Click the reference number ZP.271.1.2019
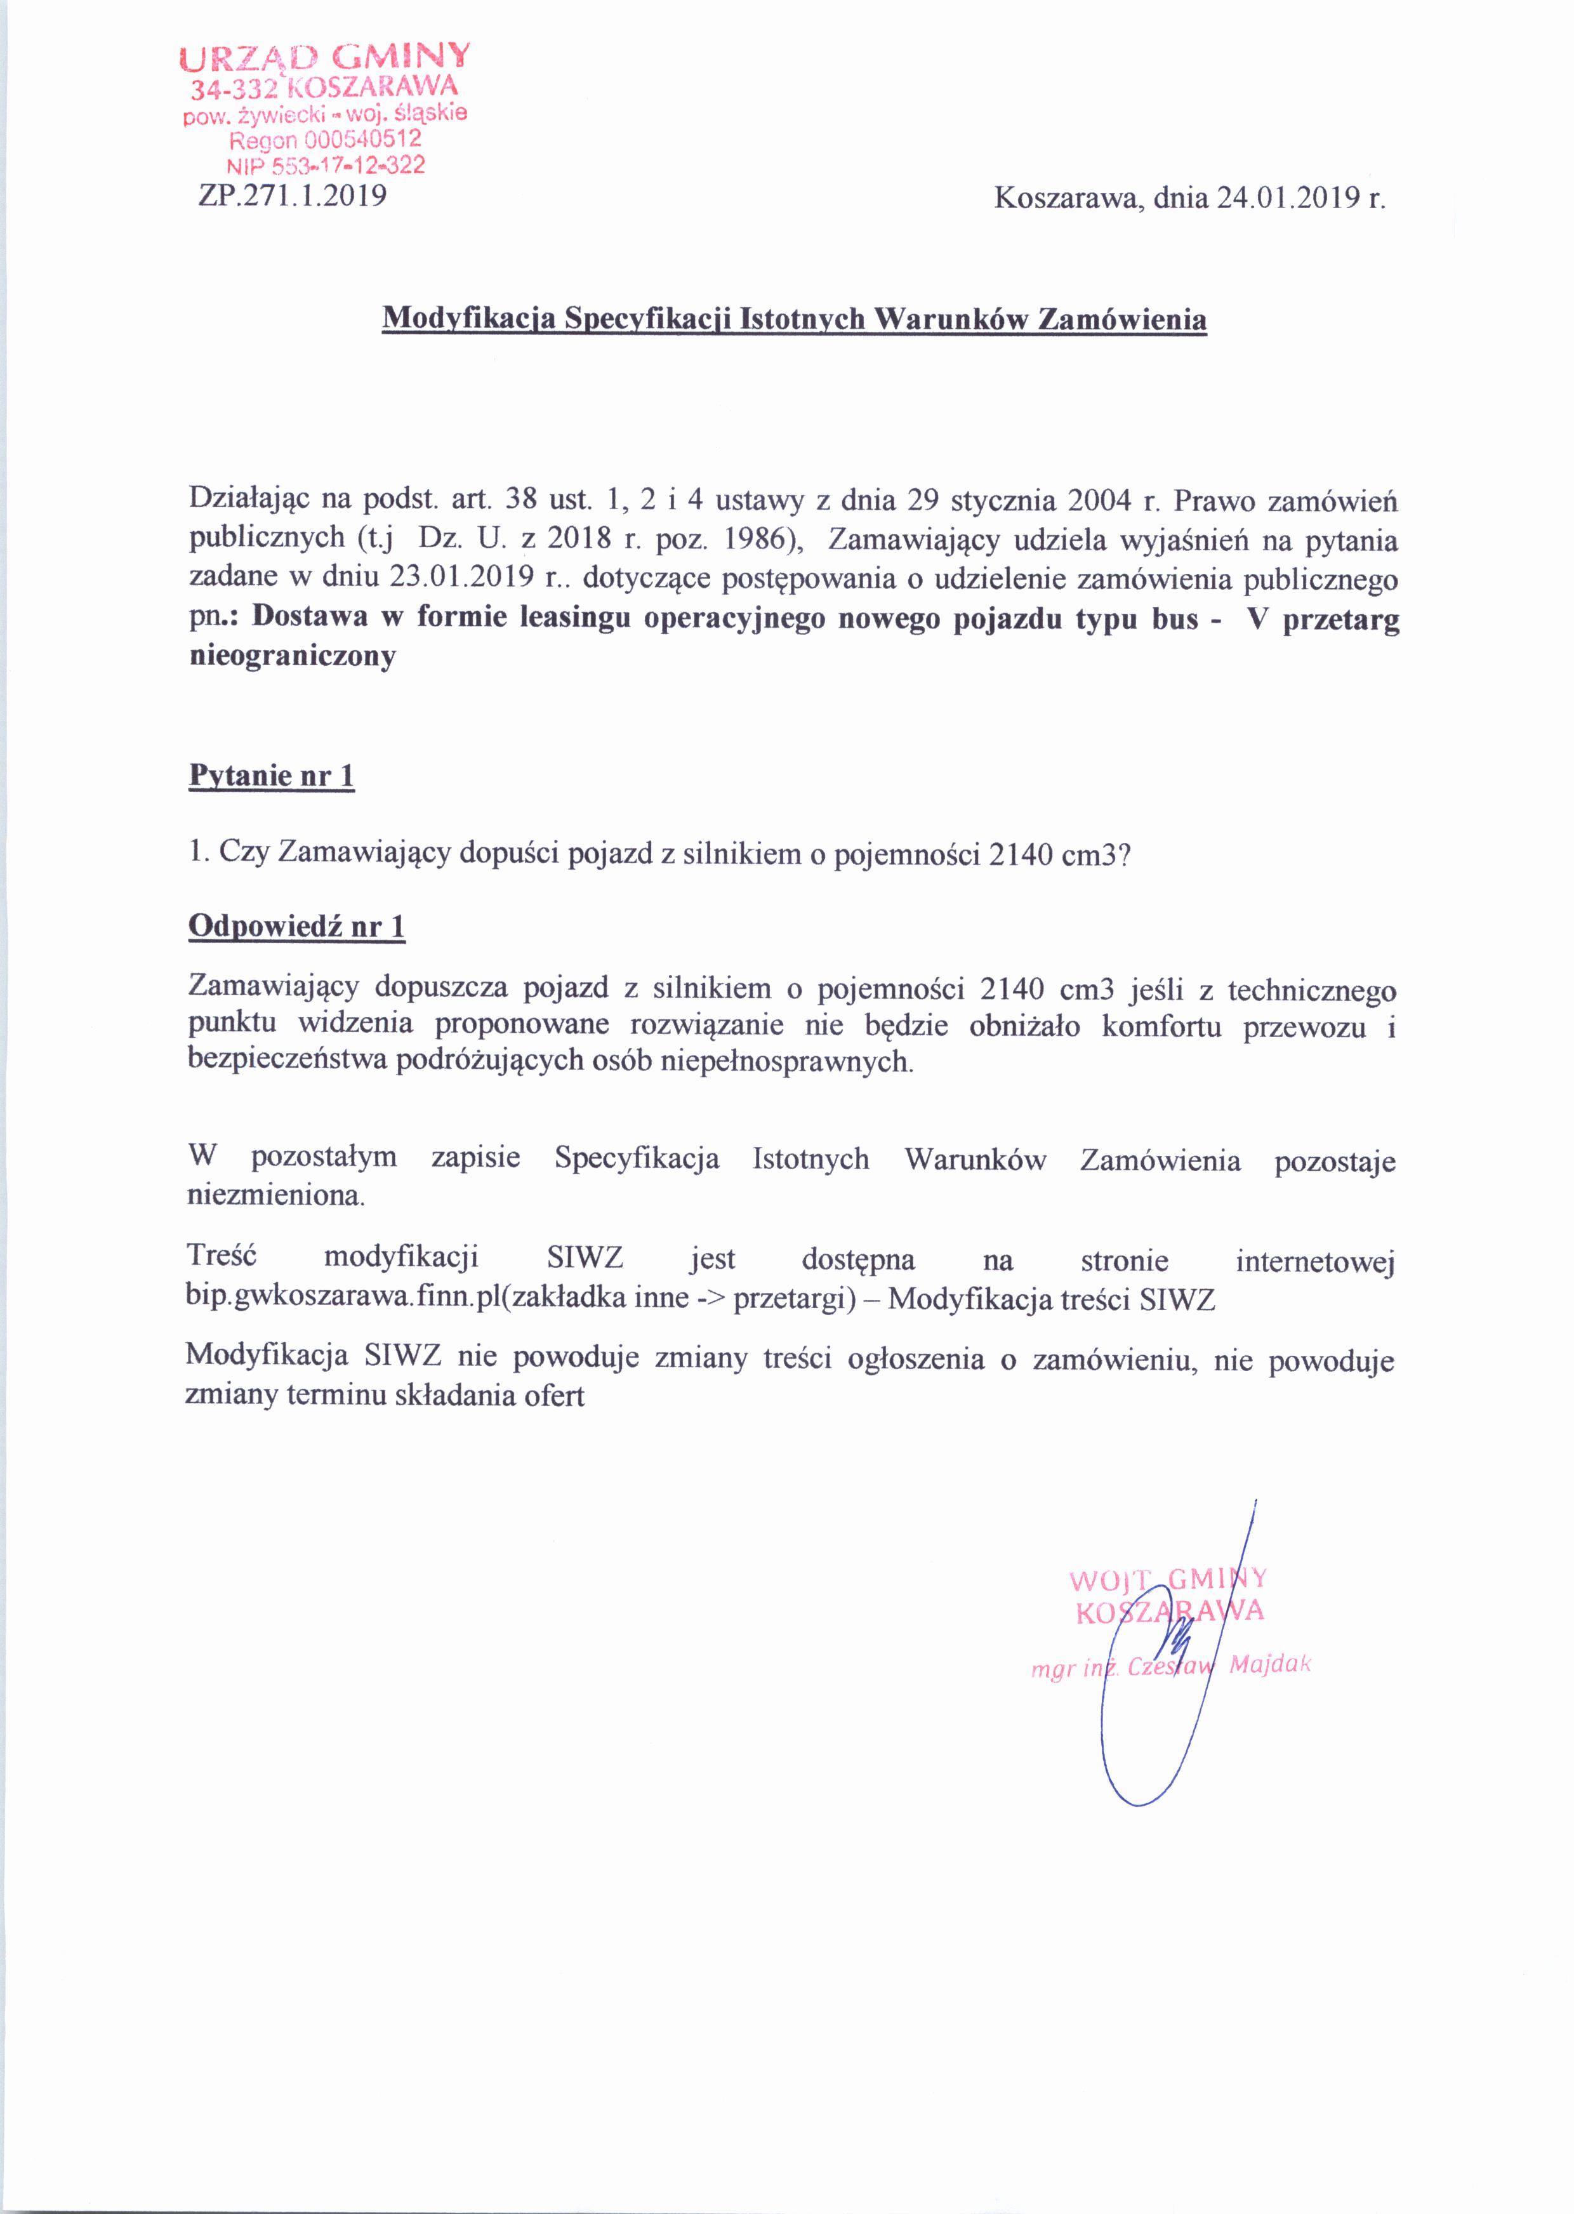(292, 197)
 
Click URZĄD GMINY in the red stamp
(326, 58)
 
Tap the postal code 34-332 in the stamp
(235, 91)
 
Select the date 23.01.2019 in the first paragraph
(462, 578)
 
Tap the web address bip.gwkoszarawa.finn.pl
(343, 1298)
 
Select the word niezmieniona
(275, 1195)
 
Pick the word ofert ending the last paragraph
(557, 1396)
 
